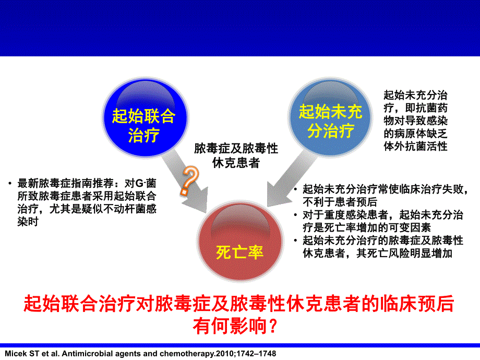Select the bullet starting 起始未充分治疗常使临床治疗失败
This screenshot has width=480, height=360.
tap(383, 195)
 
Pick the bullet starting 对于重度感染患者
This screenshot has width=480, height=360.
tap(384, 221)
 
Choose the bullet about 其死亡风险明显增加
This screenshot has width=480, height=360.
tap(384, 247)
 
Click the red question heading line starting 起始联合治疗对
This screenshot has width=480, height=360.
tap(239, 303)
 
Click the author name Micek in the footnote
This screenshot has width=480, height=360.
tap(15, 353)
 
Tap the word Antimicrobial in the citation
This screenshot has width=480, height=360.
tap(84, 353)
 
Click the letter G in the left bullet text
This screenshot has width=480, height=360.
tap(138, 184)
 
